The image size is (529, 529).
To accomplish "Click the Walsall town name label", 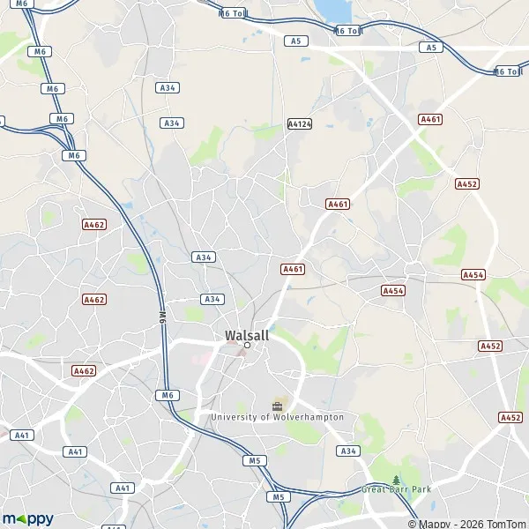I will (247, 335).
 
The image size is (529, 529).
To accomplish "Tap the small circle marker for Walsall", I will (248, 346).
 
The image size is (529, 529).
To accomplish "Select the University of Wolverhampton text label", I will (277, 416).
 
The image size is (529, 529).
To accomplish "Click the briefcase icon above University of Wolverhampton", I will (278, 406).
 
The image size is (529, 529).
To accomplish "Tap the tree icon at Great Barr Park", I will (395, 480).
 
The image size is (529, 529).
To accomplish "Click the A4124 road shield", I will (300, 124).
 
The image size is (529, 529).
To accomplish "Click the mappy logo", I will (27, 518).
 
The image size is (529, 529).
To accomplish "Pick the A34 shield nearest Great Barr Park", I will (348, 451).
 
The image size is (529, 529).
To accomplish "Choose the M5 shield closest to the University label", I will (256, 461).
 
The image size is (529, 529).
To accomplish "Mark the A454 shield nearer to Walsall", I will (393, 290).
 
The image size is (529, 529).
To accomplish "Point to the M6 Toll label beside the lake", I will (348, 31).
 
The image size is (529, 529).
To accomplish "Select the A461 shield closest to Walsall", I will (293, 269).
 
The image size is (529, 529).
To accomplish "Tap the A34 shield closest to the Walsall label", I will (212, 299).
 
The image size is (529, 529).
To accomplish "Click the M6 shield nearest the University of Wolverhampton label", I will (166, 395).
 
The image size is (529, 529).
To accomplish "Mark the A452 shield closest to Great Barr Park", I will (510, 417).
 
